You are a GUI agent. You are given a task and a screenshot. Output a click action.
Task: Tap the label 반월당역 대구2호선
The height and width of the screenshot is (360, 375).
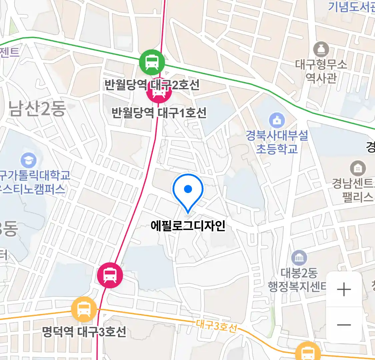(152, 85)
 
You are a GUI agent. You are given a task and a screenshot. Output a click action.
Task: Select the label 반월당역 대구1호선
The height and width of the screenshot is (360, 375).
(159, 113)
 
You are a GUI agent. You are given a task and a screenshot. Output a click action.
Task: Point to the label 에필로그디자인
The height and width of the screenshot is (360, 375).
(188, 226)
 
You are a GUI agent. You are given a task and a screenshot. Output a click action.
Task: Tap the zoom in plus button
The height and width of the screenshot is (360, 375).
(344, 289)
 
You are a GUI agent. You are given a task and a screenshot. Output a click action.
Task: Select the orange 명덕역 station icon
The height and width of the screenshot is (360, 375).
(84, 309)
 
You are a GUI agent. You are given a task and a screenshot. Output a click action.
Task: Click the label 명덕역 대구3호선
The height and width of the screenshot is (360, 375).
(84, 332)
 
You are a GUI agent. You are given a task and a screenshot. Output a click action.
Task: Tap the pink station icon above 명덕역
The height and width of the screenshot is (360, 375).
(110, 275)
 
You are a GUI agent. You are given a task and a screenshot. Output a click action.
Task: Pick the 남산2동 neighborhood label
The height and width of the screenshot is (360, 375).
(37, 109)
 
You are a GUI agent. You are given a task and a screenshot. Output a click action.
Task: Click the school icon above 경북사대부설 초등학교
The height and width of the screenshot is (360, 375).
(276, 120)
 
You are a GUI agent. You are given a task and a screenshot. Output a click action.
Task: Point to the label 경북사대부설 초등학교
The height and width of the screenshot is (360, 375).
(277, 142)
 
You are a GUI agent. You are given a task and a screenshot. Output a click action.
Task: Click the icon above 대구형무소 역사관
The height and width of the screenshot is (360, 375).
(321, 50)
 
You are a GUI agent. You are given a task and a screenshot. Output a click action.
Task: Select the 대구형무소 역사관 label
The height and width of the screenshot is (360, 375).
(321, 71)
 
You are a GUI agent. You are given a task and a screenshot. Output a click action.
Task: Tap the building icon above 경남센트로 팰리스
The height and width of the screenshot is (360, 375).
(358, 168)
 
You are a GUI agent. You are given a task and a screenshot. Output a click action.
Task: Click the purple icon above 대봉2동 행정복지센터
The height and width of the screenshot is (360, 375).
(299, 258)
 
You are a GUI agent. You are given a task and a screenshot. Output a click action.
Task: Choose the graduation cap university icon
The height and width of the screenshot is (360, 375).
(29, 160)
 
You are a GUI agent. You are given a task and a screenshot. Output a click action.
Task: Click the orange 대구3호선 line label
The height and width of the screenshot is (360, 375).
(216, 325)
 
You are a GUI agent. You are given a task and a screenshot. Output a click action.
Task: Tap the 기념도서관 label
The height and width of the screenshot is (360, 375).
(352, 7)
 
